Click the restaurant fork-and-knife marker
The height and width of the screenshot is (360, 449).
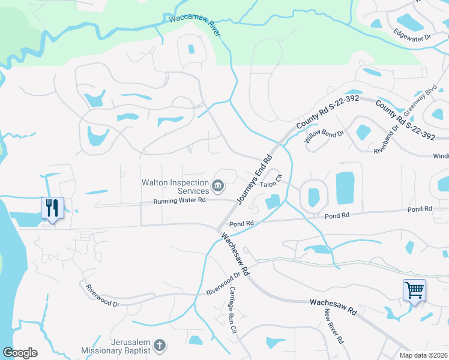click(52, 208)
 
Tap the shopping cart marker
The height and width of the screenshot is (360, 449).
click(414, 290)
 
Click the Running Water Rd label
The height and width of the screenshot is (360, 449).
click(180, 202)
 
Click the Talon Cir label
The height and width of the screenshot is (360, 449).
click(271, 179)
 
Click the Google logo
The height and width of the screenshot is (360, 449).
click(20, 353)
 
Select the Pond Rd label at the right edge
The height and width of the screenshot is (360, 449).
click(420, 209)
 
